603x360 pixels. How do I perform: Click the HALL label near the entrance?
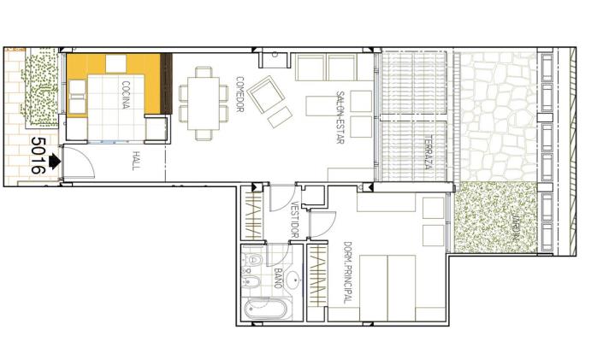136,161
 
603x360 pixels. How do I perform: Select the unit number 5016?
37,156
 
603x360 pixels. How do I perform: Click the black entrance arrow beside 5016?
56,160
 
